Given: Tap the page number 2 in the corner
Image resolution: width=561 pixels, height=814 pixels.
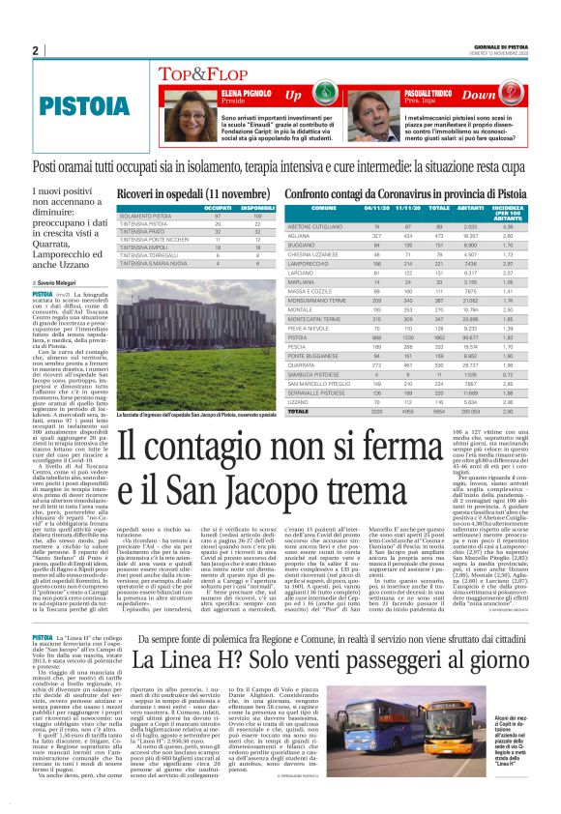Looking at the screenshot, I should tap(35, 50).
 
